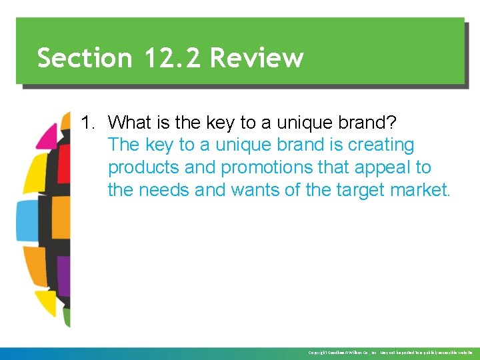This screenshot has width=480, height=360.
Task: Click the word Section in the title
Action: tap(85, 58)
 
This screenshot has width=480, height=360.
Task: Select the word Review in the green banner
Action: tap(257, 58)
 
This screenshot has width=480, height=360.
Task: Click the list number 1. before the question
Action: tap(89, 123)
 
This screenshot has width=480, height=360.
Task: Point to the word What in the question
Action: tap(129, 123)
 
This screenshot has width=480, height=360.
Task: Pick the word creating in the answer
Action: tap(381, 145)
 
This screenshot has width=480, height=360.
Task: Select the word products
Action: tap(141, 167)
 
